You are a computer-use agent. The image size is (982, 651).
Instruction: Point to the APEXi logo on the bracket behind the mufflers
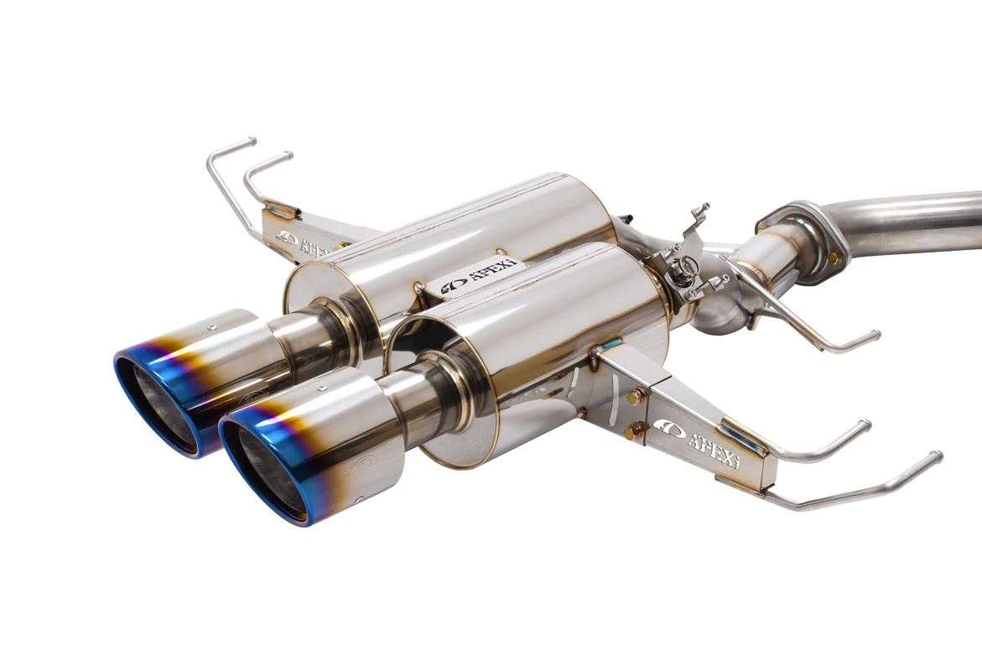pyautogui.click(x=305, y=244)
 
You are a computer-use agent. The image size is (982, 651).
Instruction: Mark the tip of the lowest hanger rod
pyautogui.click(x=936, y=456)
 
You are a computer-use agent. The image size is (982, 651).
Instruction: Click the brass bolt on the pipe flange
pyautogui.click(x=833, y=258)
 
